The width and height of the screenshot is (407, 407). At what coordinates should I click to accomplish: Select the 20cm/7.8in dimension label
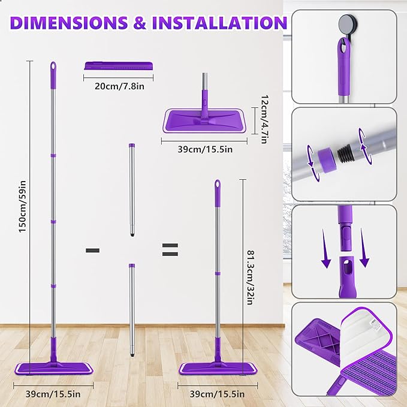119,86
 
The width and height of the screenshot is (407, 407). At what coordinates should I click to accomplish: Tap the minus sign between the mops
92,250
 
